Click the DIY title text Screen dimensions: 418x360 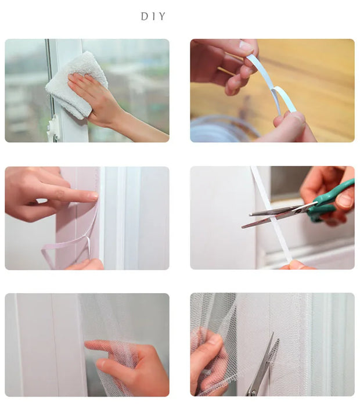[153, 17]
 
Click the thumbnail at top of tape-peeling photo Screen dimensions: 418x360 [247, 46]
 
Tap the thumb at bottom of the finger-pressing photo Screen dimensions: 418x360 [87, 265]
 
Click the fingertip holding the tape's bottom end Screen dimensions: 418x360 [296, 265]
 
